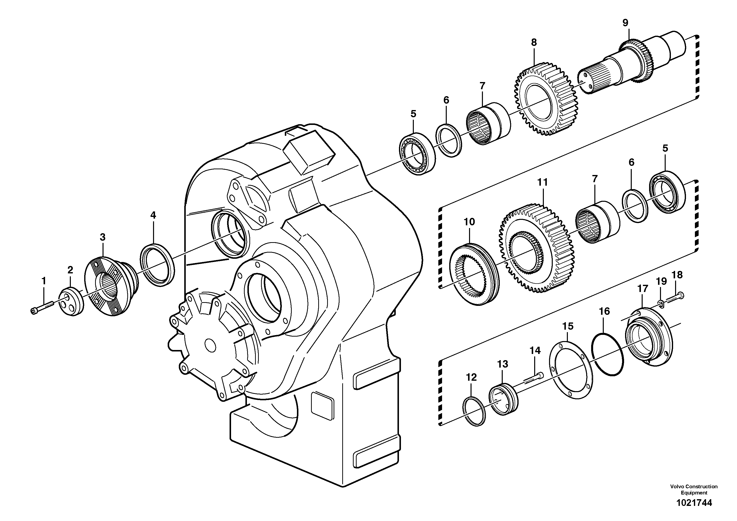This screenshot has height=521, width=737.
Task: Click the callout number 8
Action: coord(534,43)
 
